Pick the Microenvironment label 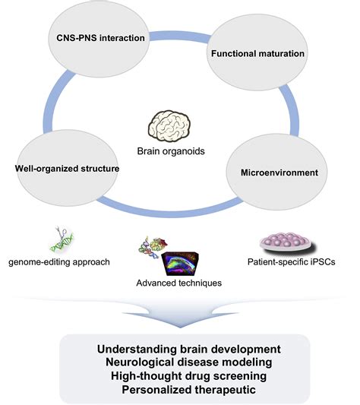click(289, 172)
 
